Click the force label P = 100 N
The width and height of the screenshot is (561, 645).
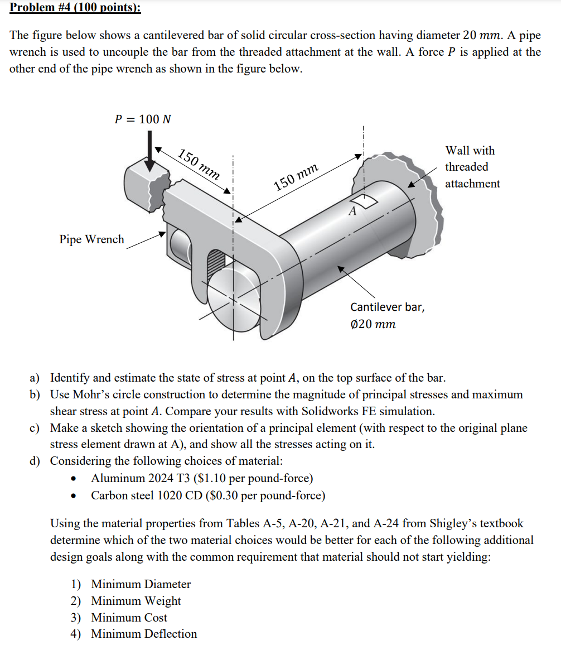click(x=143, y=119)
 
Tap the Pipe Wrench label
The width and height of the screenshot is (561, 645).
click(x=91, y=239)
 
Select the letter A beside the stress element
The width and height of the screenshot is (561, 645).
click(x=352, y=211)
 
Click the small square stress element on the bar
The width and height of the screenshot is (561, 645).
click(x=364, y=201)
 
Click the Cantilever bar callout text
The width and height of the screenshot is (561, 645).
click(x=386, y=307)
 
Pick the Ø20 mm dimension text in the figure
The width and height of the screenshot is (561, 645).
click(x=373, y=324)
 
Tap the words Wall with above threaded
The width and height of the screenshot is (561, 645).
click(x=470, y=151)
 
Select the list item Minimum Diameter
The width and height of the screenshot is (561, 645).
click(x=141, y=584)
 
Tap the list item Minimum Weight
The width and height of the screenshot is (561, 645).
click(x=136, y=601)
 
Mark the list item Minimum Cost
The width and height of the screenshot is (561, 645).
click(x=129, y=618)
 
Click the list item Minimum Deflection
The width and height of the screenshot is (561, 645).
click(x=144, y=634)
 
